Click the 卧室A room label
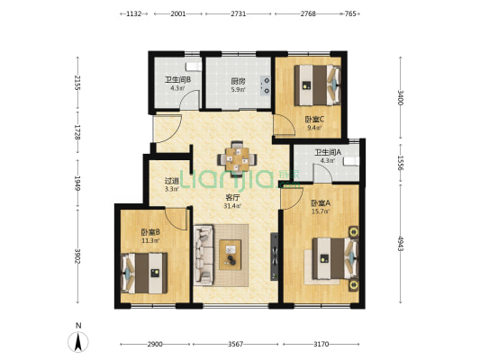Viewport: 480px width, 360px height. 321,202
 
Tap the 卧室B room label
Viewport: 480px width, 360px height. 150,232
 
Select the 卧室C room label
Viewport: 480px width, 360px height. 314,120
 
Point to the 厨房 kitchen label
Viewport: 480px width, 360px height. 238,81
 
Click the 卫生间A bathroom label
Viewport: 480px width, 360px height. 328,152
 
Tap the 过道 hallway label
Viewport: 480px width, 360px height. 172,181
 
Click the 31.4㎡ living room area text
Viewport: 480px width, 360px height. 232,206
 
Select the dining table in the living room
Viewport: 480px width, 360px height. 237,159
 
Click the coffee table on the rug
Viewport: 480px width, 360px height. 230,255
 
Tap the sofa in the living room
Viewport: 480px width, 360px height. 204,255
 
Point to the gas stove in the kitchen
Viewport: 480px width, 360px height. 266,85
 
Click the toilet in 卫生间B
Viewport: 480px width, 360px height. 194,67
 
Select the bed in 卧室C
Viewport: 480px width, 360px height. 318,85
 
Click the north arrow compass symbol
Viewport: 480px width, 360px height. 78,342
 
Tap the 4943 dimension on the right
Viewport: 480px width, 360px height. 401,243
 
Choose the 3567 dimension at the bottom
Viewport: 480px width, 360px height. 235,345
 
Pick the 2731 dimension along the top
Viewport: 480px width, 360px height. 238,13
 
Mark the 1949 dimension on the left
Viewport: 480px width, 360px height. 77,183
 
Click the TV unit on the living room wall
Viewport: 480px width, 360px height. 275,256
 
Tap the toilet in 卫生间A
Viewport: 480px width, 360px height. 351,161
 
